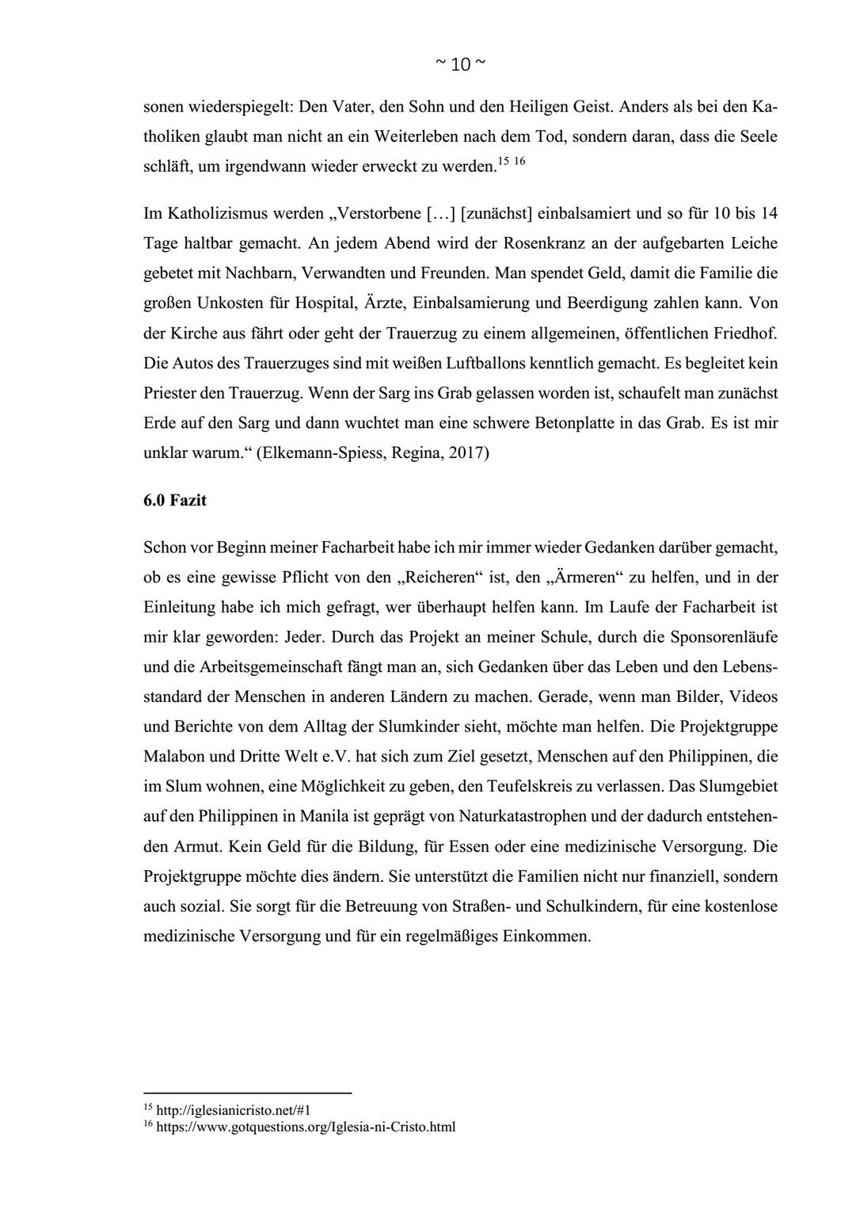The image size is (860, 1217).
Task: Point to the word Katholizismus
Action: tap(207, 212)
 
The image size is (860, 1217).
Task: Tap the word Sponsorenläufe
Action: tap(724, 637)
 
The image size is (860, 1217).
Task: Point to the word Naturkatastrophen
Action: tap(524, 816)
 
